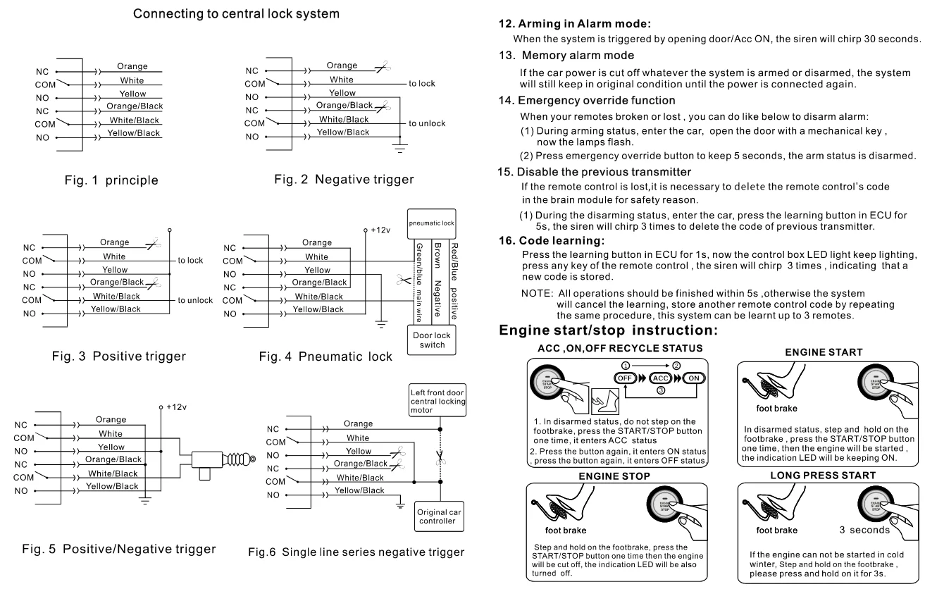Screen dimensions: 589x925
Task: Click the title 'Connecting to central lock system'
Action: pos(221,13)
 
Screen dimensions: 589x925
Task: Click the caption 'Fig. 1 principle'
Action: pos(102,180)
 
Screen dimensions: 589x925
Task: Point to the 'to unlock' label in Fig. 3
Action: pos(195,300)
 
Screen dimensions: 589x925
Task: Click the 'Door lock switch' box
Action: pos(431,340)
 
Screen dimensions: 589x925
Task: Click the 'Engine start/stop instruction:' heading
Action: pos(609,330)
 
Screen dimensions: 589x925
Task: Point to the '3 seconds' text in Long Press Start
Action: pos(867,528)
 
